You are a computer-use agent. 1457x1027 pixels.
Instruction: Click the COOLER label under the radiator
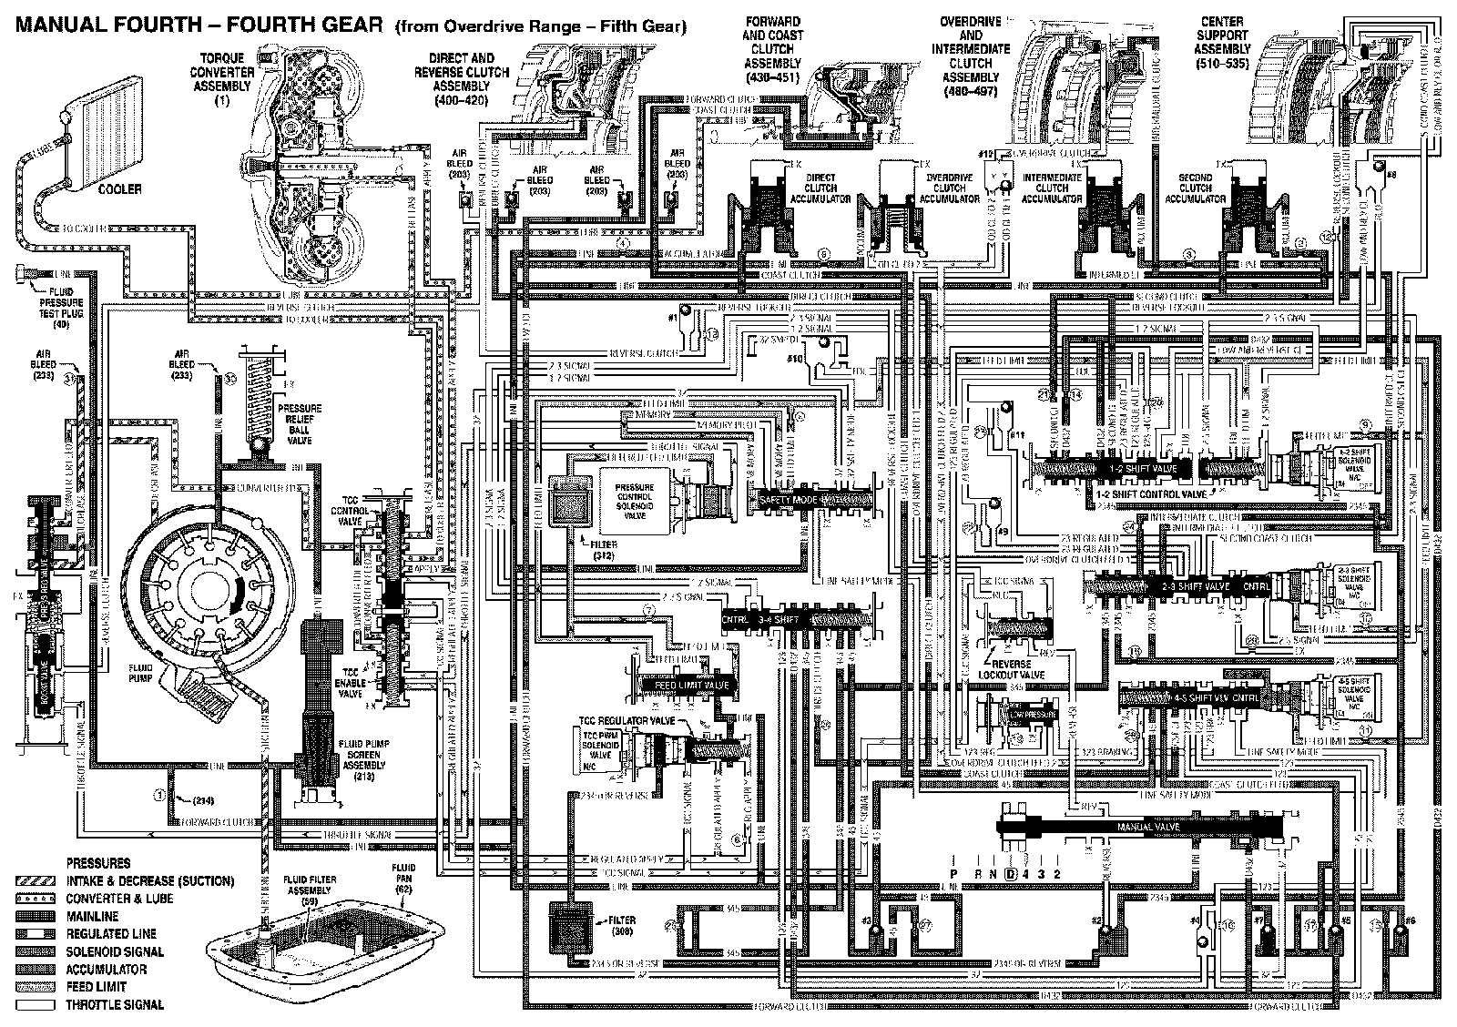[121, 189]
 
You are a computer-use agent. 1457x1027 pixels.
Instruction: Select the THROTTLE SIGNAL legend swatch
[36, 1005]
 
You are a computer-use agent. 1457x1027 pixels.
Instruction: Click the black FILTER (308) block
[572, 930]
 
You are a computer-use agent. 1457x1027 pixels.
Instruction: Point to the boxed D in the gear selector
[1010, 873]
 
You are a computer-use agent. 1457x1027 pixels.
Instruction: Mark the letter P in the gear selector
[953, 873]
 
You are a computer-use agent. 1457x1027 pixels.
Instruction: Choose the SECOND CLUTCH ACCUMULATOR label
[1195, 187]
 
